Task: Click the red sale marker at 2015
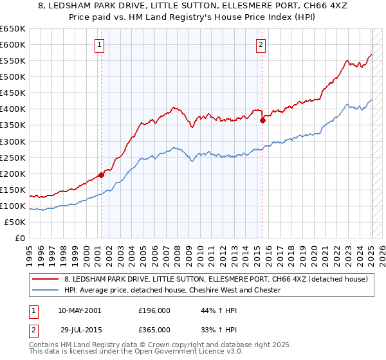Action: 262,120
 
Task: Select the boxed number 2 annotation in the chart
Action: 261,44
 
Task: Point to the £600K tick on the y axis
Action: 13,44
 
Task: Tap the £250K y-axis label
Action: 13,157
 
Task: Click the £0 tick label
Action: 19,239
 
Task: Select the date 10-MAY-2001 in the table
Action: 79,310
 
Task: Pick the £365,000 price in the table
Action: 154,329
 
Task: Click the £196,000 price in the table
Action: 154,310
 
